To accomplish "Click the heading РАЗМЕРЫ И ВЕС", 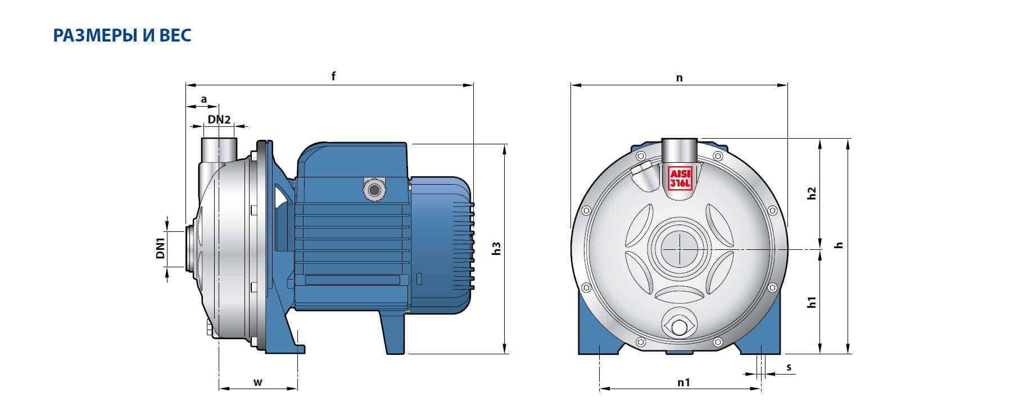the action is pyautogui.click(x=122, y=35).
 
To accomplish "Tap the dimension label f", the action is pyautogui.click(x=333, y=76).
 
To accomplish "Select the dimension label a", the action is pyautogui.click(x=204, y=99).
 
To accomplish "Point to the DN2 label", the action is pyautogui.click(x=219, y=119).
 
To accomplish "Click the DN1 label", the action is pyautogui.click(x=161, y=248).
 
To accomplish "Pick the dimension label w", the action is pyautogui.click(x=258, y=383).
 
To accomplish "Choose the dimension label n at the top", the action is pyautogui.click(x=679, y=77).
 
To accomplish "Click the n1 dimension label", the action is pyautogui.click(x=683, y=382).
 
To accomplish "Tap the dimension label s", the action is pyautogui.click(x=789, y=367).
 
